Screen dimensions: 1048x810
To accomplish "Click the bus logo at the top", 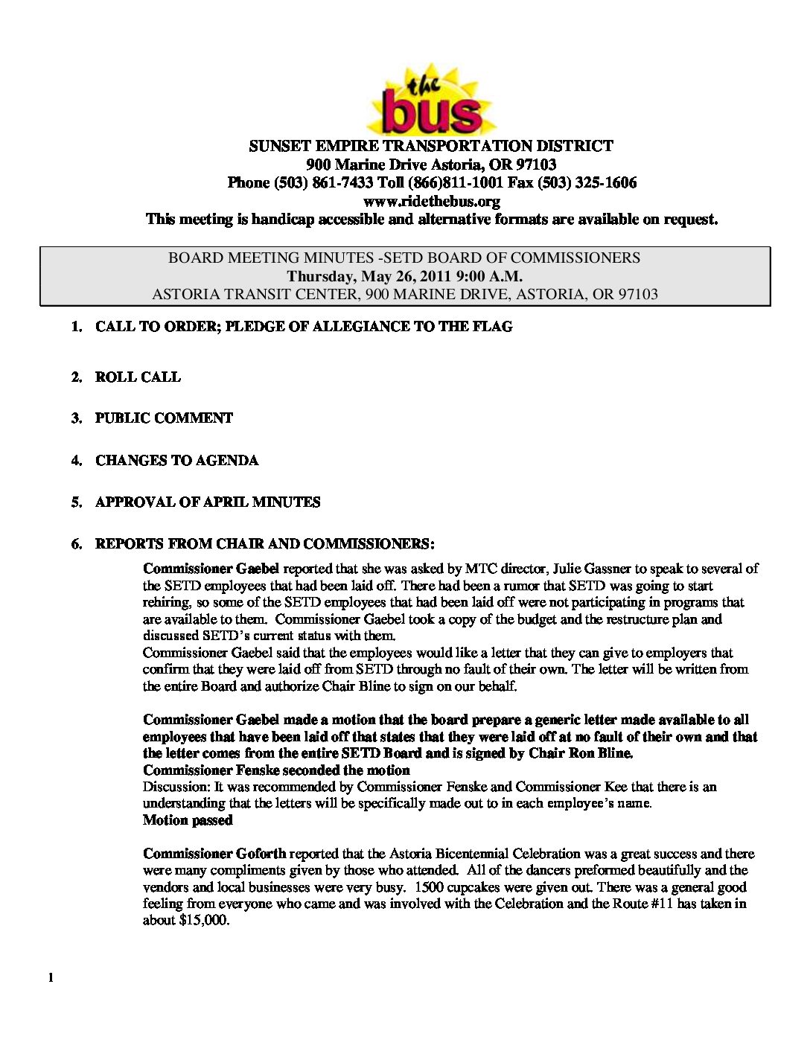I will click(431, 100).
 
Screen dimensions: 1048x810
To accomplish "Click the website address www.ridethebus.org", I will click(431, 201).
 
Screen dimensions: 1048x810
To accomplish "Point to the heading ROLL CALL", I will click(138, 377).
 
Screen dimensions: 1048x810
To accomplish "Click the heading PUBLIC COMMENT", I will click(164, 418).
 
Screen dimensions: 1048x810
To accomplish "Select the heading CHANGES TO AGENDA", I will click(176, 461).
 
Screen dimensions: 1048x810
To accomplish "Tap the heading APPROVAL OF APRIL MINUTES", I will click(208, 502).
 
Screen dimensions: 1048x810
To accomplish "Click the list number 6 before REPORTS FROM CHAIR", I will click(77, 544).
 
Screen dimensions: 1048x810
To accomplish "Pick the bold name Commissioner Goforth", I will click(214, 854).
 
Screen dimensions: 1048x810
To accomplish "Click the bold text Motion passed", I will click(188, 820).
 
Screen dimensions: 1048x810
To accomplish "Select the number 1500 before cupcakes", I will click(429, 887).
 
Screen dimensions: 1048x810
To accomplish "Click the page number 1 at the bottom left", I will click(51, 978).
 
